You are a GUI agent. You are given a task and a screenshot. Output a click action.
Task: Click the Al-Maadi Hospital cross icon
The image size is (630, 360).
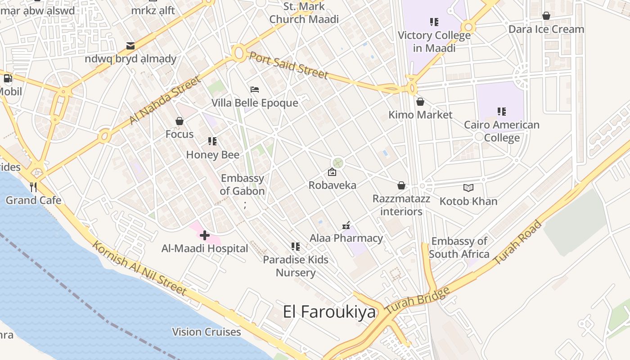(205, 235)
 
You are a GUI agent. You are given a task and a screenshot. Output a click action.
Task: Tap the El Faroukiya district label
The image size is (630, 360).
(329, 312)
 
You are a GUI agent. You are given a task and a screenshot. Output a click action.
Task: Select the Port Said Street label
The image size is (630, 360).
(288, 65)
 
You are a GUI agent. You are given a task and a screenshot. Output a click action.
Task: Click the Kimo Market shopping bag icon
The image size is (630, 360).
(420, 102)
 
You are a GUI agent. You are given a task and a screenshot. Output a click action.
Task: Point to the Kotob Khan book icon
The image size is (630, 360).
(468, 188)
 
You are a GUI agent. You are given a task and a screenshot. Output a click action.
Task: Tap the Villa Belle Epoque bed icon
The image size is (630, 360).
(255, 90)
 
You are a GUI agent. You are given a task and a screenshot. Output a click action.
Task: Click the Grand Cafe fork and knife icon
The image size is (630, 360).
(33, 187)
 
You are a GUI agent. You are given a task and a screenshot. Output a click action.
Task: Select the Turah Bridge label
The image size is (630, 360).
(418, 300)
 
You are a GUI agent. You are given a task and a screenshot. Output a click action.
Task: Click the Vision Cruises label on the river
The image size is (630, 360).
(207, 332)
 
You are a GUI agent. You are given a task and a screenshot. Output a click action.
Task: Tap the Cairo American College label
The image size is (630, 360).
(502, 131)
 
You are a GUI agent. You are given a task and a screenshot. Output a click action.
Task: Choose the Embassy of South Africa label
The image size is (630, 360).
(459, 248)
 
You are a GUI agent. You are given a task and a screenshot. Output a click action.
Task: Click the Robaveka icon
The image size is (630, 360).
(332, 172)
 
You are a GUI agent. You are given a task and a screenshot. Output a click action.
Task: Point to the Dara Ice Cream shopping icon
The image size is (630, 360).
(546, 16)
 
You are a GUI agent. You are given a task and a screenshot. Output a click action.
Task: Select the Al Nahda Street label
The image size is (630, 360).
(164, 100)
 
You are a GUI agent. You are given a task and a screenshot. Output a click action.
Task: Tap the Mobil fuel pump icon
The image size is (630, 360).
(8, 78)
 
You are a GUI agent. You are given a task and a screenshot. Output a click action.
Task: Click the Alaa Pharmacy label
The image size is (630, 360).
(346, 238)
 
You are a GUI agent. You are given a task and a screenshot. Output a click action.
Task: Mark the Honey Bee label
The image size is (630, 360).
(213, 155)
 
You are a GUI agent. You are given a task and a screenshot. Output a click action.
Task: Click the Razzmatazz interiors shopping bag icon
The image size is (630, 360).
(401, 186)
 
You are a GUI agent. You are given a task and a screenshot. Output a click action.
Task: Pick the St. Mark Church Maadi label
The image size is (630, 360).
(304, 13)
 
